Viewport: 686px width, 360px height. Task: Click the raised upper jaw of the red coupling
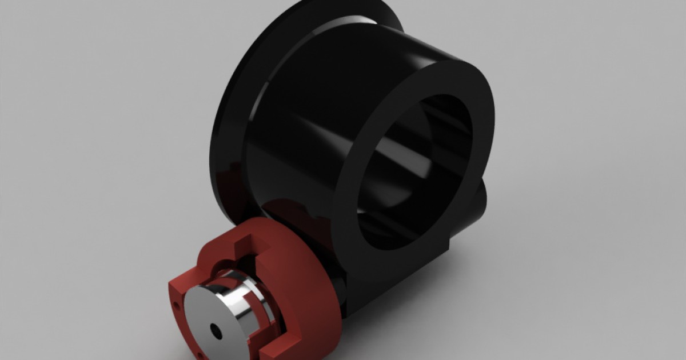(x=229, y=243)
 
